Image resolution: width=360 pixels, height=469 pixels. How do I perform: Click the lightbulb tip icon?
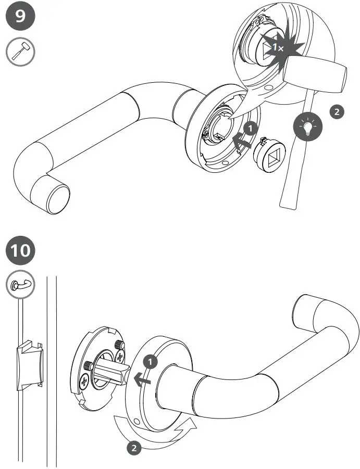click(307, 126)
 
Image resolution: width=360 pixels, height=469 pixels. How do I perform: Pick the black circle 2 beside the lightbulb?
click(337, 112)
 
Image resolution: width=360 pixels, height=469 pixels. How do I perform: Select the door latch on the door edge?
click(29, 365)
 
